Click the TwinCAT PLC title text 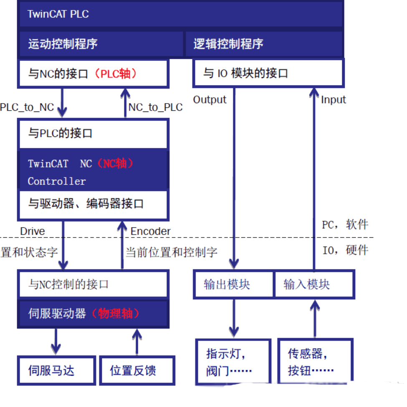point(58,14)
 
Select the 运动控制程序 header point(63,44)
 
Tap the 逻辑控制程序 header point(228,44)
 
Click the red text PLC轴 point(116,74)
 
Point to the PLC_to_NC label point(27,107)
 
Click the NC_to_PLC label point(155,107)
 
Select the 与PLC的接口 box point(93,134)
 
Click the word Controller point(57,181)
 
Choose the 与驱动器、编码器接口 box point(93,204)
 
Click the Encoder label point(150,231)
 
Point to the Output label point(210,100)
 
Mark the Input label point(333,100)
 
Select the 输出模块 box point(233,285)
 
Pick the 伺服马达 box point(56,370)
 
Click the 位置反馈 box point(137,370)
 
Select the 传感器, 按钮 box point(315,362)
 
